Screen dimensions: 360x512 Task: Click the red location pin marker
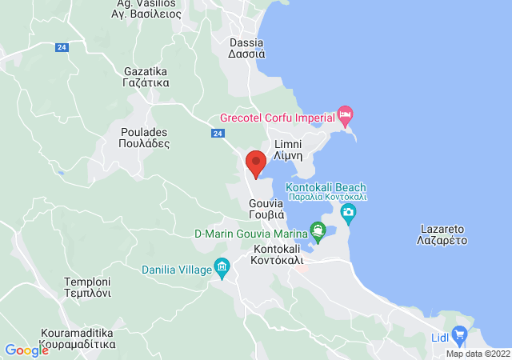pyautogui.click(x=256, y=162)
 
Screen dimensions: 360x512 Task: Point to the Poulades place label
pyautogui.click(x=145, y=138)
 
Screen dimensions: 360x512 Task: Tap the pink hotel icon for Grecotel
pyautogui.click(x=345, y=116)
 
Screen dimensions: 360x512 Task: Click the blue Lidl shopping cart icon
pyautogui.click(x=459, y=333)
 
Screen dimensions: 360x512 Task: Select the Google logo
pyautogui.click(x=26, y=350)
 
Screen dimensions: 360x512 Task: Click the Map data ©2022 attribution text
pyautogui.click(x=477, y=354)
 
